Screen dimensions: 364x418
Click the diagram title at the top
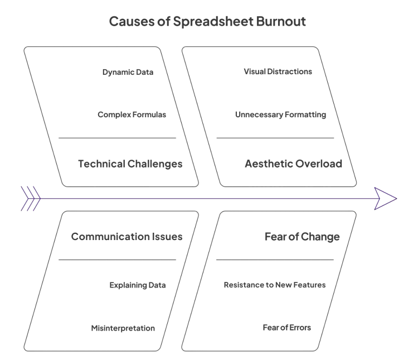coord(207,22)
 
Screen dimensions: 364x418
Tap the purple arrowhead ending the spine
coord(385,199)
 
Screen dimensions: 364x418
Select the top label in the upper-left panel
coord(130,73)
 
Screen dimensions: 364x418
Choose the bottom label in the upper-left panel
coord(133,163)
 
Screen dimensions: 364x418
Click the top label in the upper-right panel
coord(277,71)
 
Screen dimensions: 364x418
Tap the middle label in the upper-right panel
coord(280,115)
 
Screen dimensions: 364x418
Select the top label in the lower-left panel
coord(128,237)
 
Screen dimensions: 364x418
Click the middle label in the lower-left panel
coord(137,285)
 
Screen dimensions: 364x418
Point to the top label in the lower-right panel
coord(303,236)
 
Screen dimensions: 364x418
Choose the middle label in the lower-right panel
coord(277,285)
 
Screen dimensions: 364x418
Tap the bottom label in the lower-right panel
coord(287,327)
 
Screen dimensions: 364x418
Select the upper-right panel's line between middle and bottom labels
coord(273,136)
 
